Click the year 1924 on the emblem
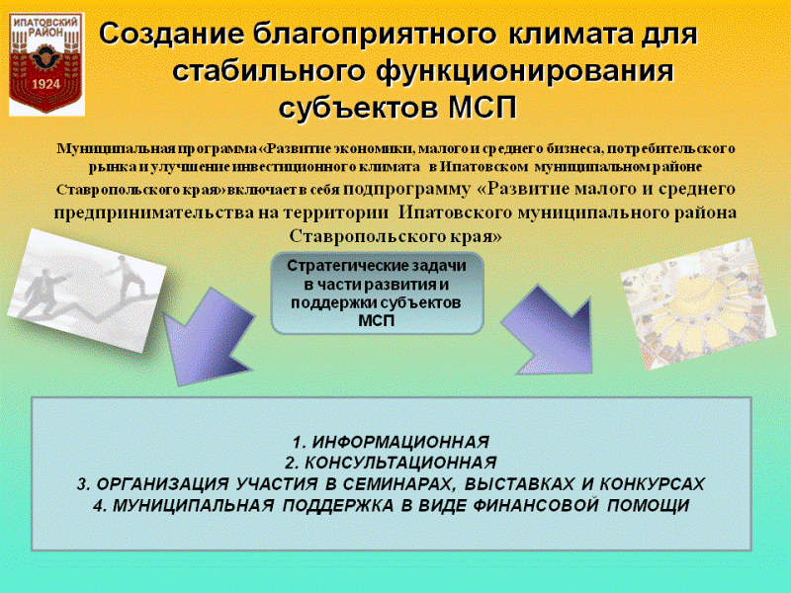coord(45,84)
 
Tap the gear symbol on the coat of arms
coord(45,58)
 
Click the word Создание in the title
coord(169,35)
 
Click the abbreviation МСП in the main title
coord(483,108)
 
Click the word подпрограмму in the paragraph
coord(406,189)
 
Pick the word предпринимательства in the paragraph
coord(154,212)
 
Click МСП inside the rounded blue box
coord(377,320)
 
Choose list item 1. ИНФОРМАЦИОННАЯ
coord(391,442)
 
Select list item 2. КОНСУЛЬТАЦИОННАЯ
coord(391,463)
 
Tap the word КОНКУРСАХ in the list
coord(652,484)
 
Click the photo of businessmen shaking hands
coord(87,290)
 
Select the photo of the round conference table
coord(698,304)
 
